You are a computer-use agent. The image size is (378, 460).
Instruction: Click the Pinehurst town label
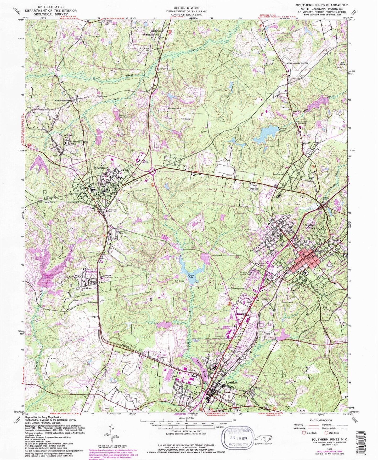(x=100, y=168)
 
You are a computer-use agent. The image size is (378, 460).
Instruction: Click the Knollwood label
(x=278, y=174)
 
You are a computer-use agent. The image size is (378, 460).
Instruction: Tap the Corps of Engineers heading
(x=186, y=15)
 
